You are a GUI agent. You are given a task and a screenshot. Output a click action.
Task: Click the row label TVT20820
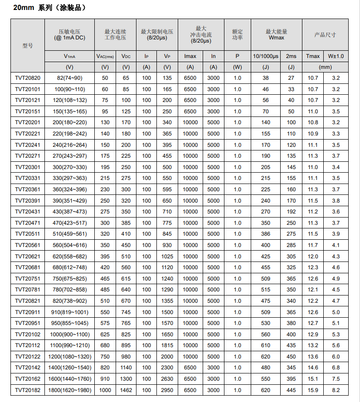[27, 78]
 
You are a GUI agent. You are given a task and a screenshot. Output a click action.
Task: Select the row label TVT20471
[27, 223]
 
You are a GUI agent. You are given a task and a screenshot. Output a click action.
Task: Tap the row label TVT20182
[27, 390]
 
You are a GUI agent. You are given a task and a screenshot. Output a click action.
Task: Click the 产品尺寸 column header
[325, 35]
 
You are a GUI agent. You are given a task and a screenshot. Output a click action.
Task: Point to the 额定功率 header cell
[237, 34]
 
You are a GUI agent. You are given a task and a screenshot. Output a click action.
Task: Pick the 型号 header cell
[27, 46]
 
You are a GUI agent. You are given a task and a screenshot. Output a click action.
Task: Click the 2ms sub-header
[291, 56]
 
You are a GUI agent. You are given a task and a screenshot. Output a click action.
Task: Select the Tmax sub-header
[313, 56]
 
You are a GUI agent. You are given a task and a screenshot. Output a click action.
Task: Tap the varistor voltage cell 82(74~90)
[69, 78]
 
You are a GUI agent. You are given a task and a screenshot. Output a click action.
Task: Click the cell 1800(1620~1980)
[69, 390]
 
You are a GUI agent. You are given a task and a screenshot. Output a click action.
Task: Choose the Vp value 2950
[167, 390]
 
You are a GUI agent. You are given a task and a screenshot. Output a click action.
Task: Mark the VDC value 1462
[126, 390]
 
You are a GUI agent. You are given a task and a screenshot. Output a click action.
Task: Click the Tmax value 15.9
[313, 390]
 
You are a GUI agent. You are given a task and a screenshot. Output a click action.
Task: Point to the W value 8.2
[336, 390]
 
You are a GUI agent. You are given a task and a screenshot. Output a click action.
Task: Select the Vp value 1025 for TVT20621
[167, 256]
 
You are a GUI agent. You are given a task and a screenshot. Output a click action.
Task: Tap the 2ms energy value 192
[291, 212]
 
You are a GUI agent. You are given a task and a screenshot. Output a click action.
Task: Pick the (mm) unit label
[325, 67]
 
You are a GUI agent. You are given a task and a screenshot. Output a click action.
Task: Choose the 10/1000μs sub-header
[265, 56]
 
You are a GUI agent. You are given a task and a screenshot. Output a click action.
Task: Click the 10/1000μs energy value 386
[265, 234]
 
